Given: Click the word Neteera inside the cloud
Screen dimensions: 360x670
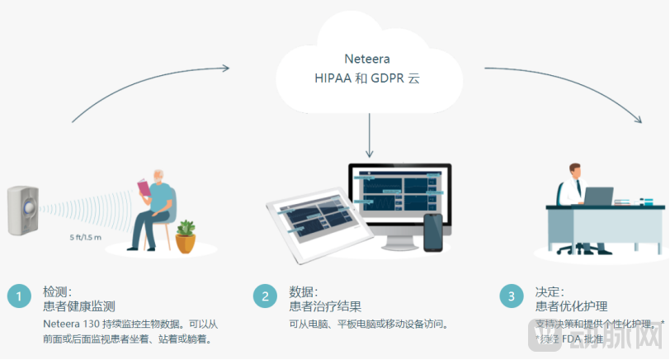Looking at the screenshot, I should pyautogui.click(x=366, y=59).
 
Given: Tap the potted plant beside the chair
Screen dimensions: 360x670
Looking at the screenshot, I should pyautogui.click(x=186, y=234).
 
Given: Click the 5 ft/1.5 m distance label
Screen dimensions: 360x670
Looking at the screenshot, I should pyautogui.click(x=85, y=238).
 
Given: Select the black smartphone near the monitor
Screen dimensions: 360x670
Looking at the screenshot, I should pyautogui.click(x=432, y=233).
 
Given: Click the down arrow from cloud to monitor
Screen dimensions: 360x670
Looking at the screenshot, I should pyautogui.click(x=370, y=136).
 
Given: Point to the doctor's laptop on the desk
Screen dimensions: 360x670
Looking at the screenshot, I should pyautogui.click(x=599, y=197).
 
